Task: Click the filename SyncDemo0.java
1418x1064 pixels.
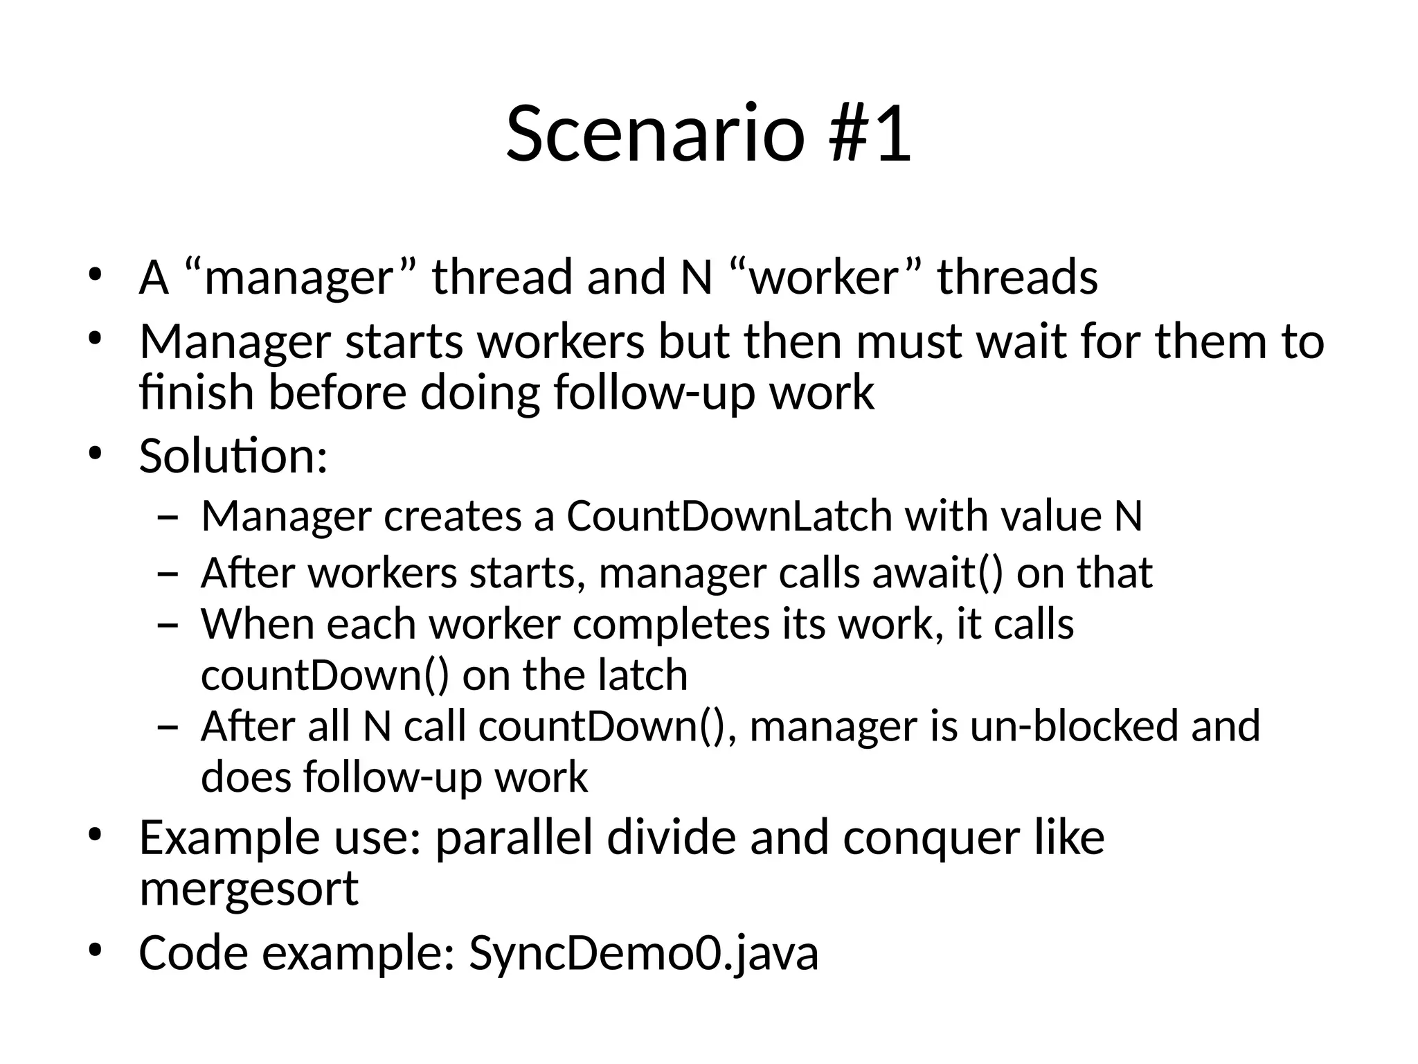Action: point(644,953)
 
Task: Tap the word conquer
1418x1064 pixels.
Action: point(931,838)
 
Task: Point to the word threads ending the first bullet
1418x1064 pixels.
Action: point(1017,277)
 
